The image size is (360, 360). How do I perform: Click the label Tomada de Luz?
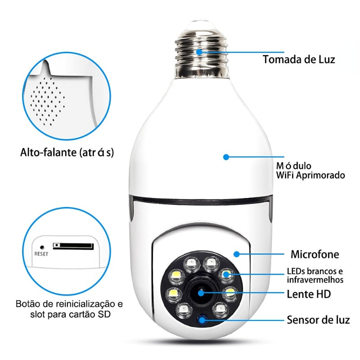pos(299,59)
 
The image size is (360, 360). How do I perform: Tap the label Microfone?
pos(315,254)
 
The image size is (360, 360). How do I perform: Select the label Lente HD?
pos(309,294)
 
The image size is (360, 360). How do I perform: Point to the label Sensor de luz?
pos(318,320)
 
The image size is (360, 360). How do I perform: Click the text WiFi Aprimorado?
pos(311,175)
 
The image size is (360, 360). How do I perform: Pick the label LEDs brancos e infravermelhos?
pos(315,275)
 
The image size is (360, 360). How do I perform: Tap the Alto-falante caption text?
pos(67,153)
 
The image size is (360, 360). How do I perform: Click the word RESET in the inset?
pos(41,253)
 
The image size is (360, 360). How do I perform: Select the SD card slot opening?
pos(73,246)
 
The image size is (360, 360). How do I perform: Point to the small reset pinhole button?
pos(41,247)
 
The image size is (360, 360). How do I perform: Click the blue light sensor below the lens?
pos(202,320)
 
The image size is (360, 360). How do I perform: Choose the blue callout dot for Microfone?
pos(236,254)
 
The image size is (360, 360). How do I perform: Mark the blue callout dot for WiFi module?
pos(226,157)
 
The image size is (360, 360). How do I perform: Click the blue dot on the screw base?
pos(200,52)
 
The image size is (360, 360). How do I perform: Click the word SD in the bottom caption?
pos(103,314)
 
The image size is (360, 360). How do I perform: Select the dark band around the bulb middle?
pos(201,201)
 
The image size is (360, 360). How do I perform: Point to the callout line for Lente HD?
pos(243,294)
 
